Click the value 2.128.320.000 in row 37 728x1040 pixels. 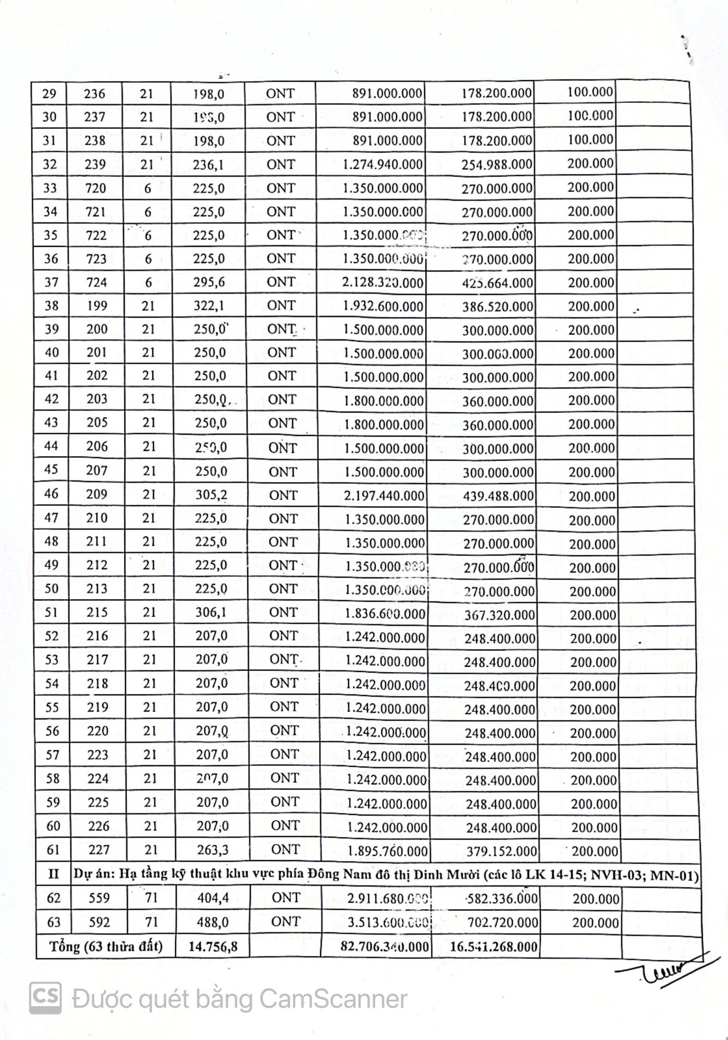coord(383,283)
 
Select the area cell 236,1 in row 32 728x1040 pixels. coord(208,165)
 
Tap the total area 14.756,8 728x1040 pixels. coord(213,947)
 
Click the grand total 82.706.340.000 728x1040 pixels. coord(385,946)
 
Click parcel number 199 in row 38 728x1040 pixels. coord(97,306)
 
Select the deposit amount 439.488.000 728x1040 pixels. coord(498,496)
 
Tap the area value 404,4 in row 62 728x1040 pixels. coord(213,898)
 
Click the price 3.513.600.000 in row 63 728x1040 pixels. coord(388,923)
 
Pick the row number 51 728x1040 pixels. coord(52,612)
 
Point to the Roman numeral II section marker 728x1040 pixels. coord(54,874)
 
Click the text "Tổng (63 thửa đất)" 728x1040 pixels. coord(106,946)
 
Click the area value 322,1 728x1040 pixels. coord(209,306)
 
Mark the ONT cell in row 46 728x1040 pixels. coord(283,496)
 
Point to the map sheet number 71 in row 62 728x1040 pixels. coord(151,898)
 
